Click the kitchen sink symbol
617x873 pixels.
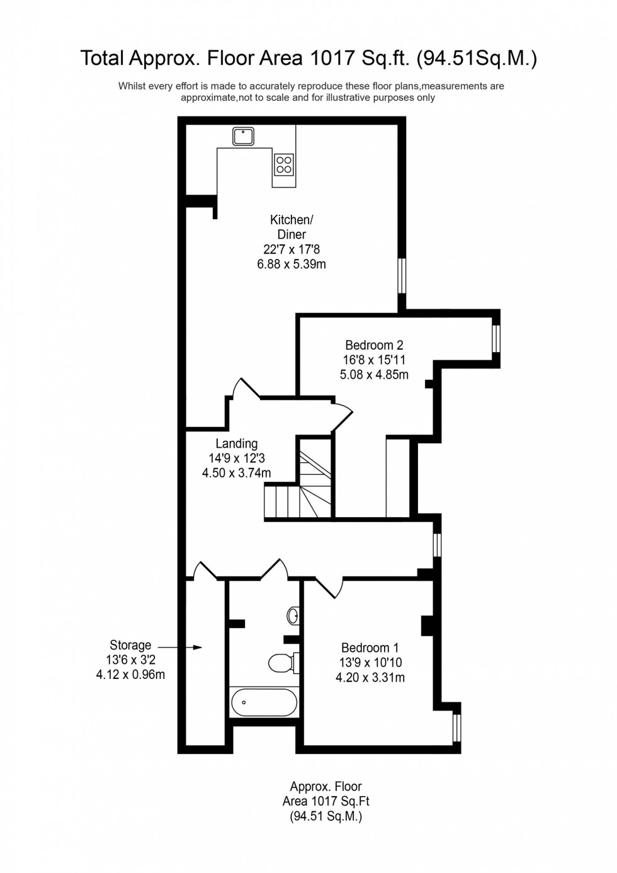(242, 135)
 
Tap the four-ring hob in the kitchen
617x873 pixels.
(284, 164)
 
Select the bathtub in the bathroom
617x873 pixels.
(264, 702)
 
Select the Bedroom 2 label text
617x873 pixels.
(374, 345)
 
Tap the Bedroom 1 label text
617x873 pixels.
(370, 648)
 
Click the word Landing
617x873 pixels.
(236, 443)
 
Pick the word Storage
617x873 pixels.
(130, 645)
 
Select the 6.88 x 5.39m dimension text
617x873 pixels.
(292, 265)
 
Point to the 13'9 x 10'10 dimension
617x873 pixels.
(370, 663)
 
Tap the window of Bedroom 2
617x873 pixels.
(496, 338)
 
